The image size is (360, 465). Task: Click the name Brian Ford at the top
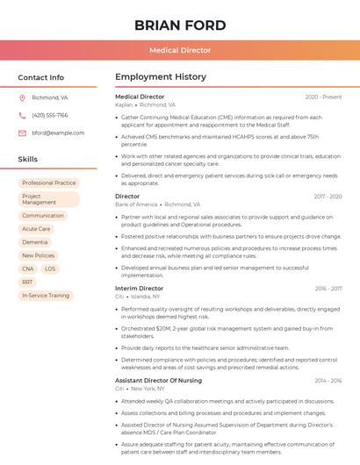(x=180, y=25)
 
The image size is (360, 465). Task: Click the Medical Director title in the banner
(x=180, y=50)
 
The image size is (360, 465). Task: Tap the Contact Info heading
(x=41, y=77)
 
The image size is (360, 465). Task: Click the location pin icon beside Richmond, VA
(x=22, y=98)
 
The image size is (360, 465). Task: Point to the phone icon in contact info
(x=22, y=115)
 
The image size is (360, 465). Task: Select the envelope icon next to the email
(x=22, y=132)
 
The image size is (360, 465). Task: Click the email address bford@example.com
(x=58, y=132)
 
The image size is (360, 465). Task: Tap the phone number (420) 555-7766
(x=49, y=115)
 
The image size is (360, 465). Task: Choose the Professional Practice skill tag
(x=49, y=182)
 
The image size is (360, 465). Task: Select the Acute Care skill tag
(x=36, y=229)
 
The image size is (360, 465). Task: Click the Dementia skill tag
(x=35, y=242)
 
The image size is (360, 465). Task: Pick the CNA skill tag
(x=28, y=268)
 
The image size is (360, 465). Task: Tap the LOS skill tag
(x=50, y=268)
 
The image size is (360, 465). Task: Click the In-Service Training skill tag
(x=46, y=296)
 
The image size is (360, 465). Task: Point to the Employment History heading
(x=160, y=77)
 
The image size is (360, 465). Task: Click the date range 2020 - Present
(x=323, y=97)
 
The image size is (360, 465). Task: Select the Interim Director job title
(x=139, y=288)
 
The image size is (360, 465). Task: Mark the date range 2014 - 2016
(x=328, y=380)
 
